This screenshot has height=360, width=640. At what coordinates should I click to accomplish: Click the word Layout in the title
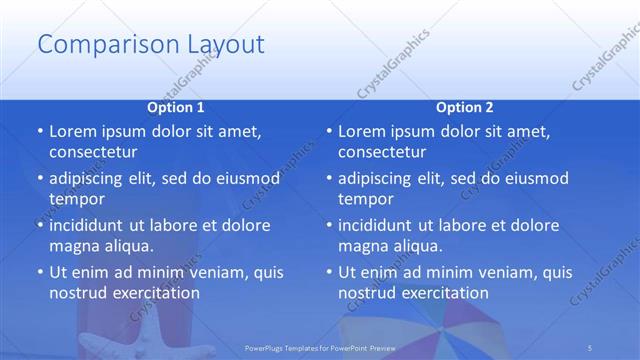click(225, 45)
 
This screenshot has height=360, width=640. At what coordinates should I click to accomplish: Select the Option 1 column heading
click(176, 107)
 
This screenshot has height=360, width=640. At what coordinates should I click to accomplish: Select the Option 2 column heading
click(465, 107)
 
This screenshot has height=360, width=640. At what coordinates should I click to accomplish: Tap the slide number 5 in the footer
click(590, 347)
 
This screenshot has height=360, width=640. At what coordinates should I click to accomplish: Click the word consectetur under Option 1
click(93, 152)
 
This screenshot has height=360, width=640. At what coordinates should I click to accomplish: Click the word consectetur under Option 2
click(382, 152)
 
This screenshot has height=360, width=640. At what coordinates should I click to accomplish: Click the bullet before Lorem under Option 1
click(40, 132)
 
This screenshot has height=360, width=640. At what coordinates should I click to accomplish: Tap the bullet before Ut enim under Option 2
click(329, 273)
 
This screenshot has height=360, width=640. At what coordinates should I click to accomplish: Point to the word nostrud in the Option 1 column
click(79, 293)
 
